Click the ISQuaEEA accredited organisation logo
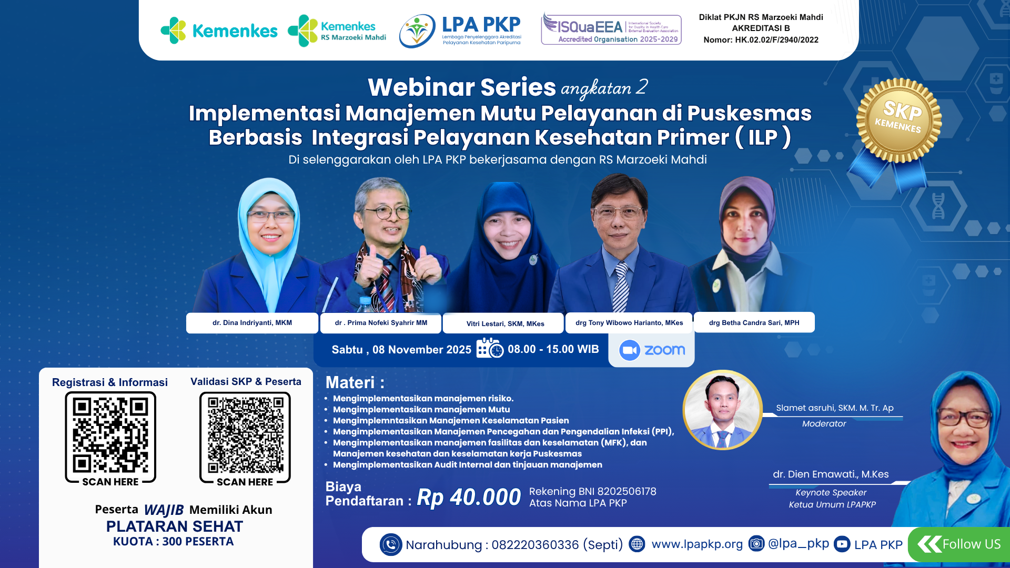tap(611, 30)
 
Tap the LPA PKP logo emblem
tap(417, 31)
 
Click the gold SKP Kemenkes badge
tap(898, 121)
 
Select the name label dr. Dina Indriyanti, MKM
tap(252, 323)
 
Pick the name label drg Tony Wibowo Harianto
tap(629, 323)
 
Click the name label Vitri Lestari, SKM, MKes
tap(505, 323)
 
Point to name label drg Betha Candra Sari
tap(754, 323)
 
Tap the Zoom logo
tap(652, 350)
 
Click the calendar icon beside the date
tap(489, 349)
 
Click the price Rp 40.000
tap(469, 497)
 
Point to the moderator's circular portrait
tap(722, 410)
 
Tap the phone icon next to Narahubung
tap(391, 545)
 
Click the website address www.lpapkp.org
tap(697, 544)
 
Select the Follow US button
tap(959, 544)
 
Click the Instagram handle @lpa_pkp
tap(798, 544)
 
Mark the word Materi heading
tap(350, 382)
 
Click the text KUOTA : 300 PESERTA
tap(174, 542)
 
